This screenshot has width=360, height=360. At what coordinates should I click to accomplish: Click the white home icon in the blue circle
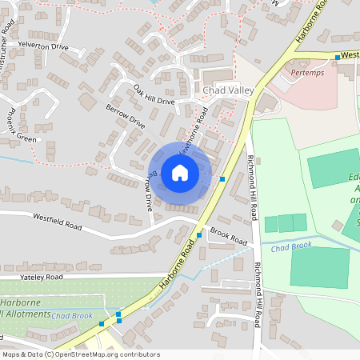point(179,172)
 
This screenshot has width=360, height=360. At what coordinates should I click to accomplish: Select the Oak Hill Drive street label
point(154,94)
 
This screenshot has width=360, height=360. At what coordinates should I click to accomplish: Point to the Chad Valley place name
point(228,90)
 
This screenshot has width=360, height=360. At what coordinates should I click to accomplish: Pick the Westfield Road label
point(57,222)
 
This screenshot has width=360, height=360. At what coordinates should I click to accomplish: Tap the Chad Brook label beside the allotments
point(73,316)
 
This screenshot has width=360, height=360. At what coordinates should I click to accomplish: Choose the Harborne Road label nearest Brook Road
point(177,261)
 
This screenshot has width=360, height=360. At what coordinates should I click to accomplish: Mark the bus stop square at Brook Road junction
point(199,234)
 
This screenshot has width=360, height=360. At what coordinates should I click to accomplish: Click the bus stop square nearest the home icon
point(222,179)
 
